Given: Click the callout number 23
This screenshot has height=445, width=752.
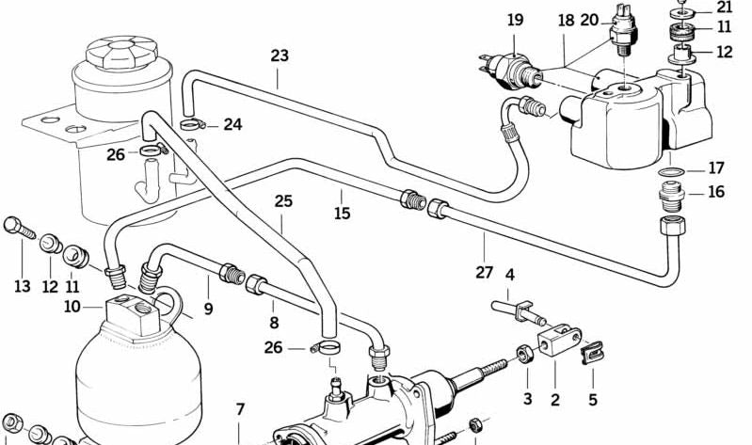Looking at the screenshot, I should click(280, 56).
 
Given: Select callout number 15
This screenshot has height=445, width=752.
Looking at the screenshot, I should click(342, 214).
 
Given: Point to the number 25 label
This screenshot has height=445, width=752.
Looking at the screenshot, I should click(284, 200).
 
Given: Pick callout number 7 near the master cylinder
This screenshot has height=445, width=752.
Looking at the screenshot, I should click(240, 409).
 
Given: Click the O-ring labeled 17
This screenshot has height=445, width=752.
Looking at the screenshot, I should click(669, 170).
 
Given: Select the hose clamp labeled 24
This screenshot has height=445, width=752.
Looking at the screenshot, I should click(190, 123).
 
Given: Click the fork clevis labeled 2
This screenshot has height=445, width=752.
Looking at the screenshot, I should click(557, 342).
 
